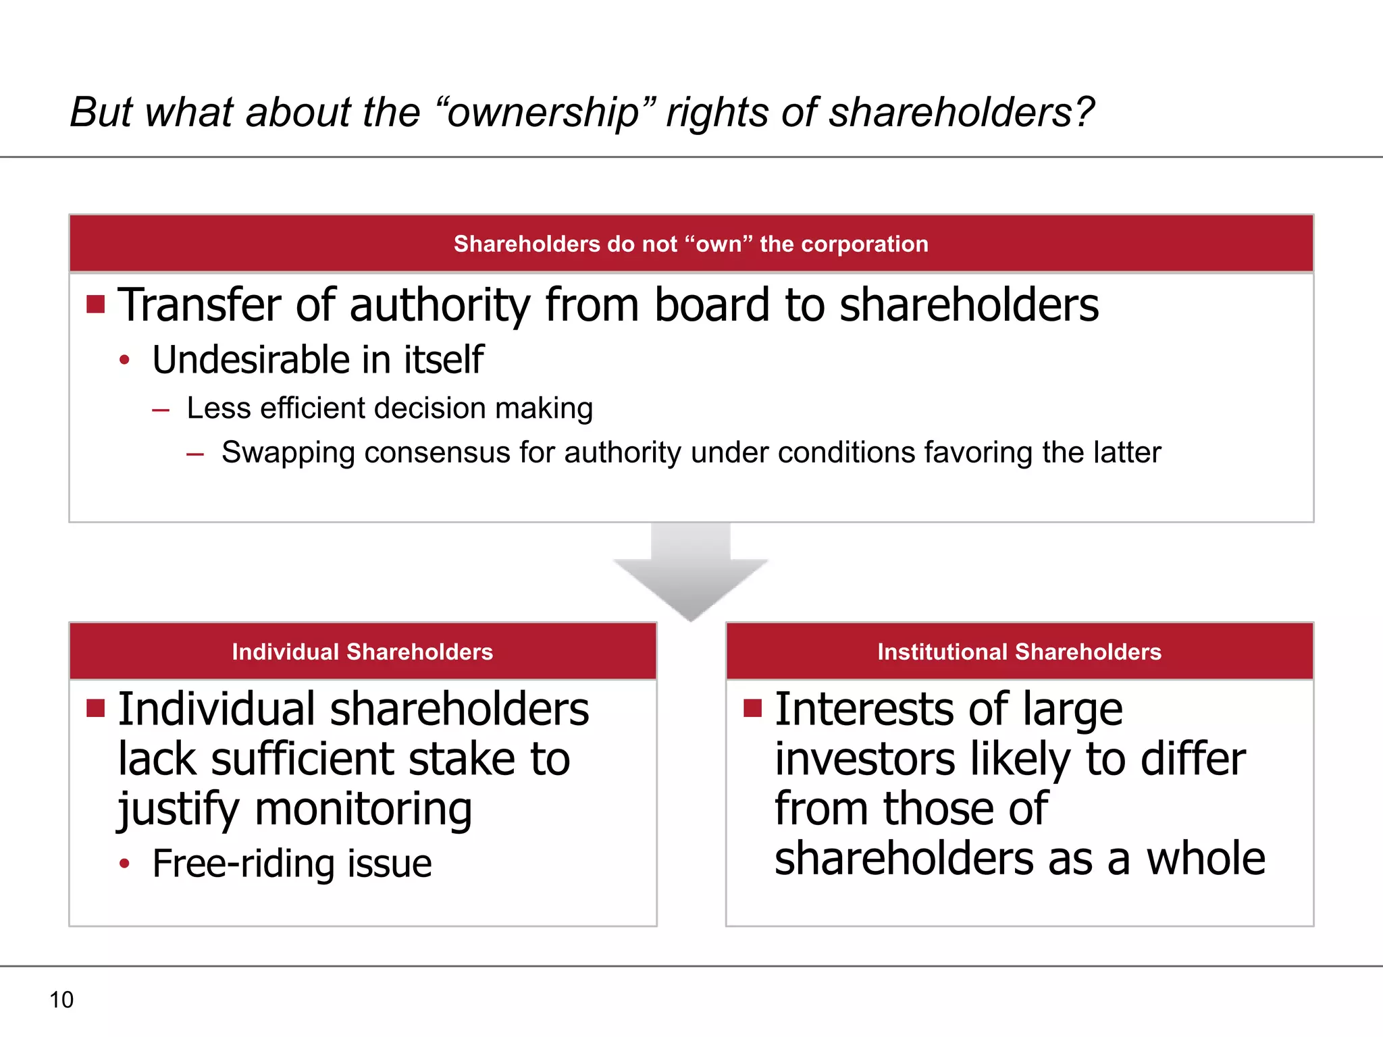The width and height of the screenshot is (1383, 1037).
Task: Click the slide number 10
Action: click(x=61, y=1000)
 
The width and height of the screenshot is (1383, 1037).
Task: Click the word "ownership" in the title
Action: click(x=543, y=113)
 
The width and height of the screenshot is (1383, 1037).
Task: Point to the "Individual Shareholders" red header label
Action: click(x=362, y=652)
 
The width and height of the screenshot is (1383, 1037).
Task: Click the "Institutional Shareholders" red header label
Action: click(x=1019, y=652)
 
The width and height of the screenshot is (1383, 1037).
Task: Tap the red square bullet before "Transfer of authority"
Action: click(x=96, y=304)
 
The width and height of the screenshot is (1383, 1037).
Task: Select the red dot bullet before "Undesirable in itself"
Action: click(x=124, y=361)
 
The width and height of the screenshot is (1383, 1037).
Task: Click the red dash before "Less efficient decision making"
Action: click(x=161, y=410)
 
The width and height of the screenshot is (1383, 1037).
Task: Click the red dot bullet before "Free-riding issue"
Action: click(x=124, y=863)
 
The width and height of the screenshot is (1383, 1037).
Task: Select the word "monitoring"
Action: click(x=363, y=809)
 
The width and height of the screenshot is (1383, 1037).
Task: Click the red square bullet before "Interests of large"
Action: click(x=752, y=708)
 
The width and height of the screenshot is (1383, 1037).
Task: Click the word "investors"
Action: click(x=865, y=759)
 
